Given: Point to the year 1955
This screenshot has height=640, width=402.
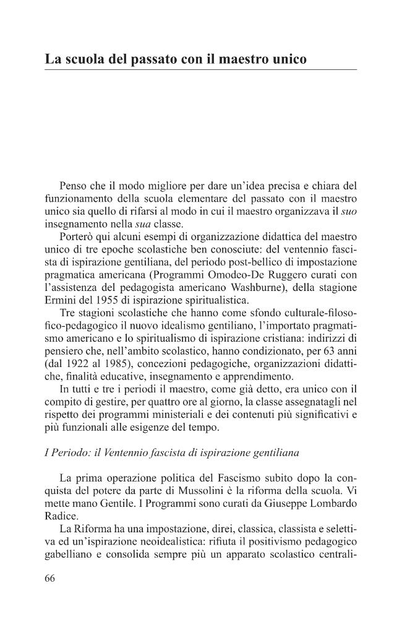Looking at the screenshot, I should (106, 300).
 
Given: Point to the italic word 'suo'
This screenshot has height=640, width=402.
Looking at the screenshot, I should (349, 211).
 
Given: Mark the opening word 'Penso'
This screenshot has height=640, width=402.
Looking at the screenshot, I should (73, 186).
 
